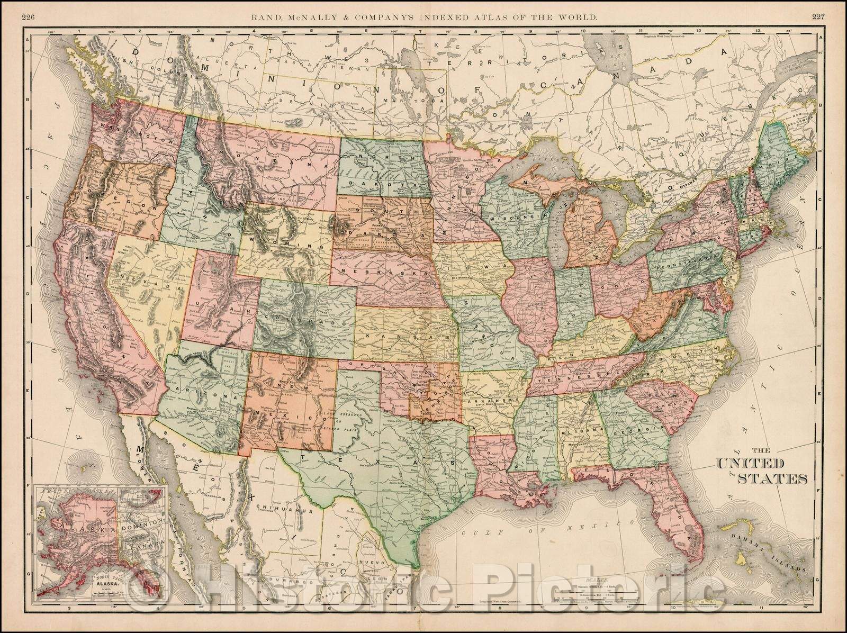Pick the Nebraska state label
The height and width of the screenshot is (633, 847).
(386, 270)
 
